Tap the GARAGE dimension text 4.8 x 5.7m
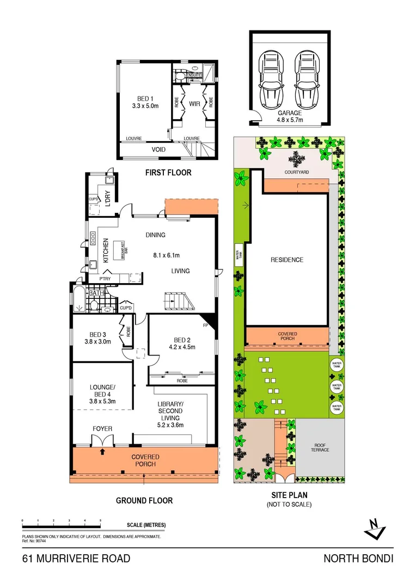289,120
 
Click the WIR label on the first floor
194,103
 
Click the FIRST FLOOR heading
168,173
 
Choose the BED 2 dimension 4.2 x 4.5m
182,347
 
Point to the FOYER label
102,428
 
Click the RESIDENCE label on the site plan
287,260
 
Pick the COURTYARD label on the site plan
297,172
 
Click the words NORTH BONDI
358,559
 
